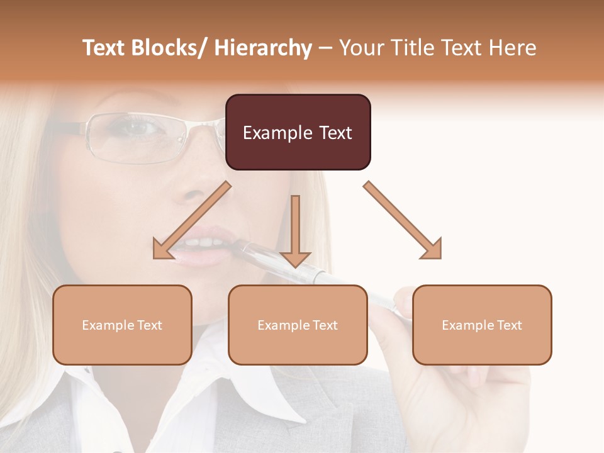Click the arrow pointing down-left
[x=191, y=221]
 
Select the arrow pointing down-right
[x=403, y=221]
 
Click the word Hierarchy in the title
[x=263, y=48]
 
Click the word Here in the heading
[x=513, y=48]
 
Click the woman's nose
[x=198, y=186]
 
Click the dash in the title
[x=325, y=48]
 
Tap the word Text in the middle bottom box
[x=324, y=325]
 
